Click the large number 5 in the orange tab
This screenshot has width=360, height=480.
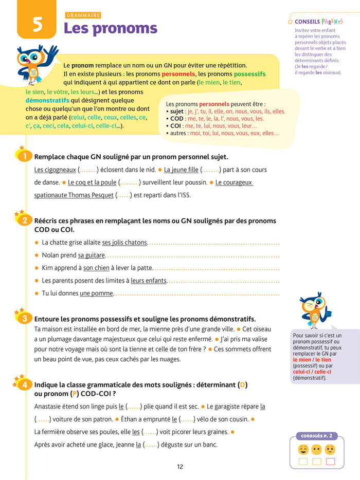point(37,25)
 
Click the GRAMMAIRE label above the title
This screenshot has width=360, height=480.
point(83,15)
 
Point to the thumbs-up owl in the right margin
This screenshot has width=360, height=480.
point(314,310)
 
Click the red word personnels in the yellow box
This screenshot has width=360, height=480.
point(178,74)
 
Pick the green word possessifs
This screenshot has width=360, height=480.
point(246,74)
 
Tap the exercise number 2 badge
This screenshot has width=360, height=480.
point(24,220)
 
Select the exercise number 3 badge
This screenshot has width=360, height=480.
point(24,319)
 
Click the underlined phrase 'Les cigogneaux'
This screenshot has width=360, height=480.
point(55,170)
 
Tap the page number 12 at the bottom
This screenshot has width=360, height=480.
point(179,467)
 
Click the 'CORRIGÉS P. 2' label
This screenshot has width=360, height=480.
point(316,436)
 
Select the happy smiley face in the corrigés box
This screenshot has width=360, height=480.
point(303,450)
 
